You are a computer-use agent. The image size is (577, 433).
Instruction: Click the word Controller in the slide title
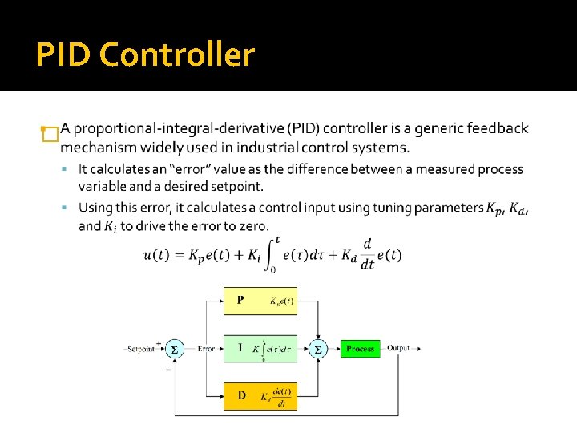point(178,55)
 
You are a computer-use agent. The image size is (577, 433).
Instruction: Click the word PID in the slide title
point(66,55)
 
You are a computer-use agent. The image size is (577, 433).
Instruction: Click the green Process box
point(360,349)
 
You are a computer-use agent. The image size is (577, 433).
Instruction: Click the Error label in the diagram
point(206,349)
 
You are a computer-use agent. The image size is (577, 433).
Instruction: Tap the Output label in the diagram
point(398,348)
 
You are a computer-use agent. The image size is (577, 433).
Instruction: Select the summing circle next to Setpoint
point(174,349)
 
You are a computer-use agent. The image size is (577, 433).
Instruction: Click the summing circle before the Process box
point(317,349)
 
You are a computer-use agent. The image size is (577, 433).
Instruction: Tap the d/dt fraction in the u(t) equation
point(367,255)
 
